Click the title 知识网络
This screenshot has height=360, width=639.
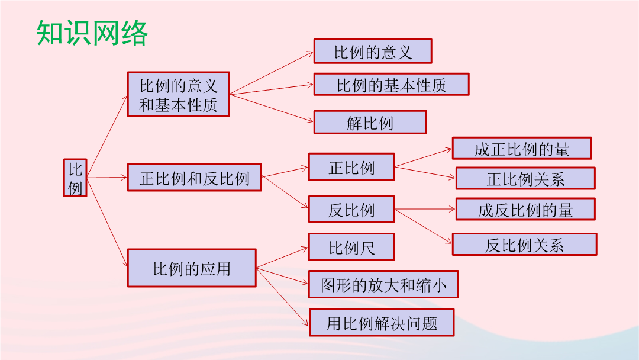(x=92, y=33)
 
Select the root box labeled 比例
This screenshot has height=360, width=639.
(x=75, y=178)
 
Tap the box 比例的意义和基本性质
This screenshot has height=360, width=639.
(x=179, y=94)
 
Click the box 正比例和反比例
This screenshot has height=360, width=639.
(x=195, y=178)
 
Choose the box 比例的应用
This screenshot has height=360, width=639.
(x=192, y=268)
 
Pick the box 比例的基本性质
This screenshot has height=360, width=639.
(x=391, y=85)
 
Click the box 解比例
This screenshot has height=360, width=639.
(x=370, y=122)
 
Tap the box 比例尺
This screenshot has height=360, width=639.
(x=351, y=247)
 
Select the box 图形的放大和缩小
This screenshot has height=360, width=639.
(x=383, y=284)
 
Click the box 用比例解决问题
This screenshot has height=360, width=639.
(x=382, y=323)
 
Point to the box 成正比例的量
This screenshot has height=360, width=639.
(x=522, y=148)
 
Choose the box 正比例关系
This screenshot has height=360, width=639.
(x=525, y=178)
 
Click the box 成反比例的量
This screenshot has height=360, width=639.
(x=525, y=209)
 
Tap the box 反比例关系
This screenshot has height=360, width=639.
(x=524, y=244)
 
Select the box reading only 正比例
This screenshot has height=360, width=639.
(x=351, y=167)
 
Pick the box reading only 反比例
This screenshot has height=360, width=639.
(x=351, y=209)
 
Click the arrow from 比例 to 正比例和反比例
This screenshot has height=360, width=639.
(x=107, y=178)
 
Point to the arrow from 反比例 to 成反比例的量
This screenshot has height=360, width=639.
(x=425, y=209)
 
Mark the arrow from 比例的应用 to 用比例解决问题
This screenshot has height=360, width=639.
(x=282, y=297)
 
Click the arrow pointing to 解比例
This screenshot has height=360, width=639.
(x=272, y=108)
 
